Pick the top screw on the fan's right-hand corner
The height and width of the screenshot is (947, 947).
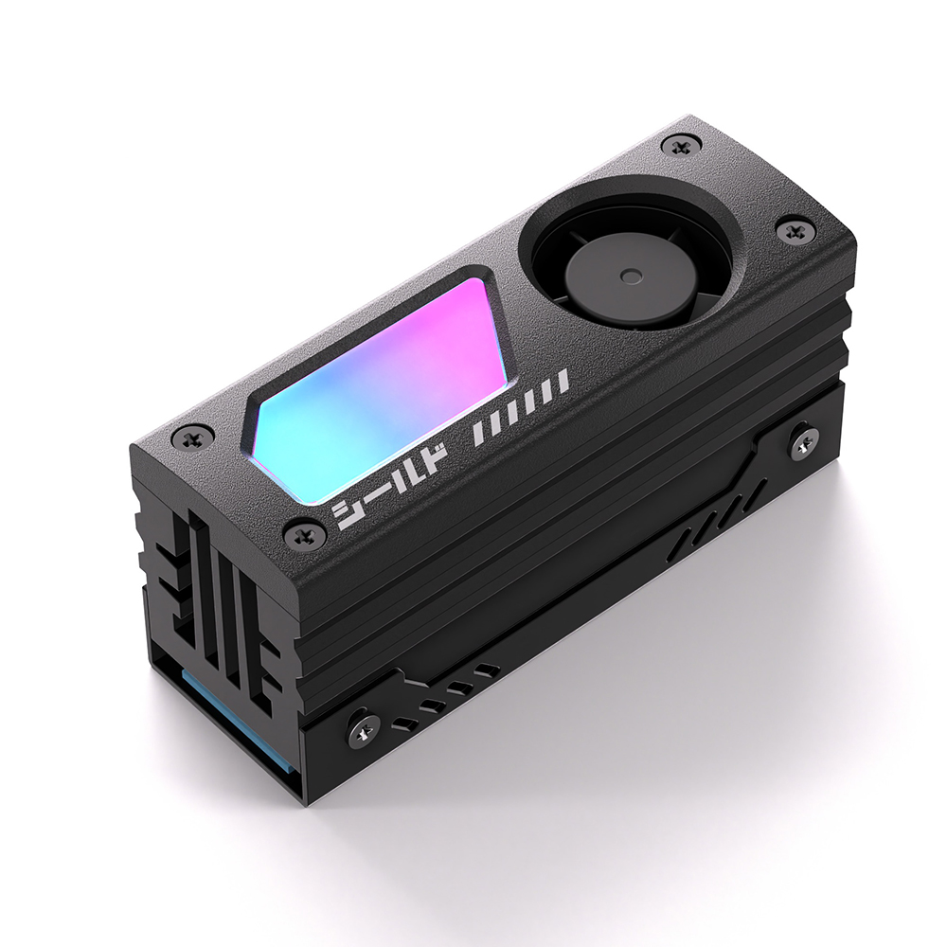(x=792, y=232)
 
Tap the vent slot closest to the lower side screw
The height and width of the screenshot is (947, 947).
(x=402, y=724)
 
